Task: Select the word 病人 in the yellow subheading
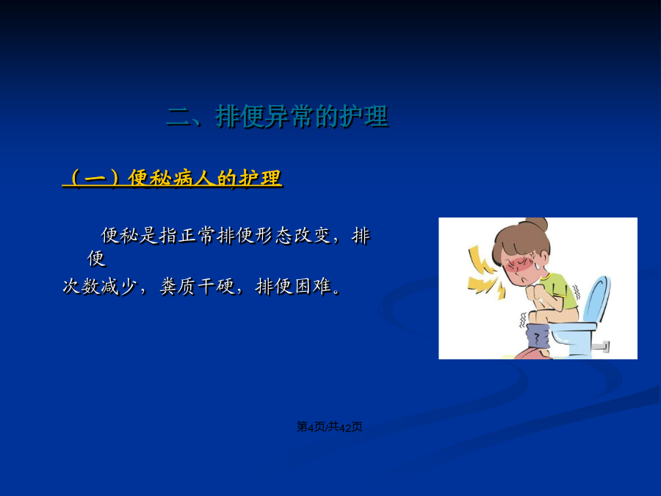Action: (x=193, y=178)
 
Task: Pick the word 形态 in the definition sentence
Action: (x=274, y=235)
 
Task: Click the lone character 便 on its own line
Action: (x=96, y=258)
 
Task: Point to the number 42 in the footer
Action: (x=345, y=427)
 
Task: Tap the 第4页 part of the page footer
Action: (x=311, y=427)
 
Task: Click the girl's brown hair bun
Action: (x=536, y=223)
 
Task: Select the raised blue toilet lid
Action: (x=596, y=300)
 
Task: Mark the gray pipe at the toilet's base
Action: (x=600, y=346)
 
